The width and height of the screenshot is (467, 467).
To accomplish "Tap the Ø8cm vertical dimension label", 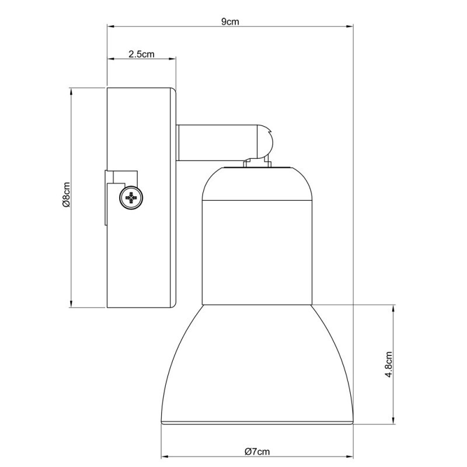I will pos(66,197).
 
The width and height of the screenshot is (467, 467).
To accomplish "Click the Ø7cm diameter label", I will pos(257,451).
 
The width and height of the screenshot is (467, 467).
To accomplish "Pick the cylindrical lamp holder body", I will pos(257,251).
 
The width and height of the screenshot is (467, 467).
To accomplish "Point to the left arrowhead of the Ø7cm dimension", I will pos(163,456).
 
